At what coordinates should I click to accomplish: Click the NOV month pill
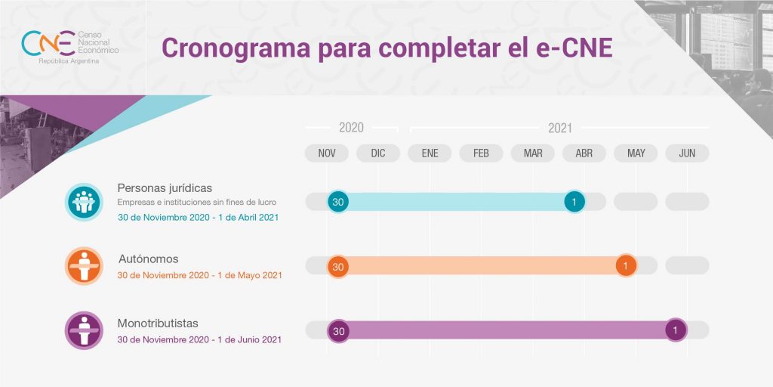coord(327,153)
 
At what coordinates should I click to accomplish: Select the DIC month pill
coord(378,153)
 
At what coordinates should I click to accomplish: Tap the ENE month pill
coord(430,153)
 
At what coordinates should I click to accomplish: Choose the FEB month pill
coord(481,153)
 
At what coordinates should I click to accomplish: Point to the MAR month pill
coord(533,153)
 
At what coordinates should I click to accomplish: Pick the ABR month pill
coord(584,153)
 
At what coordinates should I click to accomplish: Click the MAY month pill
coord(636,153)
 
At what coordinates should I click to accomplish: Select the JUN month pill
coord(687,153)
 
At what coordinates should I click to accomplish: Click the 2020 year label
coord(351,128)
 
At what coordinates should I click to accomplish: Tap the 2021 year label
coord(560,128)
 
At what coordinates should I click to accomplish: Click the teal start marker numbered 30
coord(338,202)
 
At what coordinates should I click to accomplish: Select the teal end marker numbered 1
coord(574,202)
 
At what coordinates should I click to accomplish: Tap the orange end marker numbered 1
coord(626,266)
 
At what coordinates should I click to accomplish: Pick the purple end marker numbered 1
coord(676,330)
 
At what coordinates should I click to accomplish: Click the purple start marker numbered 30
coord(338,331)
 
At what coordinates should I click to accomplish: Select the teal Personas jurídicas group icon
coord(84,202)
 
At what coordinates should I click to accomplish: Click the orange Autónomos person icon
coord(84,266)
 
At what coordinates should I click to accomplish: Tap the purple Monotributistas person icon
coord(84,330)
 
